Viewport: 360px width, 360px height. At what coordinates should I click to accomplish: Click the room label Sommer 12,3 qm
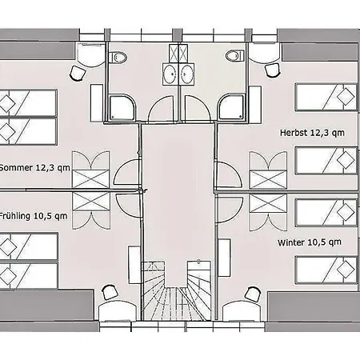pyautogui.click(x=34, y=168)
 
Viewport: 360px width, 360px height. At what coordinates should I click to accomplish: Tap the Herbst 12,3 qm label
pyautogui.click(x=312, y=133)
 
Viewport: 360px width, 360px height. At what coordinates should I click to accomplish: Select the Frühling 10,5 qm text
pyautogui.click(x=34, y=216)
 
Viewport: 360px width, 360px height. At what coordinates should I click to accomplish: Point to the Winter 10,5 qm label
pyautogui.click(x=310, y=242)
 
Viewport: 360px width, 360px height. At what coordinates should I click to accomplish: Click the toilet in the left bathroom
pyautogui.click(x=118, y=57)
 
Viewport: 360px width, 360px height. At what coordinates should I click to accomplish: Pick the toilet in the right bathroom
pyautogui.click(x=235, y=56)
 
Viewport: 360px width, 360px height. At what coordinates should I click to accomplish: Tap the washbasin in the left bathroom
pyautogui.click(x=170, y=74)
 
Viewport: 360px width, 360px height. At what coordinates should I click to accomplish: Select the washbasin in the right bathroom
pyautogui.click(x=186, y=74)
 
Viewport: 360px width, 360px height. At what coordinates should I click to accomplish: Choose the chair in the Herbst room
pyautogui.click(x=272, y=70)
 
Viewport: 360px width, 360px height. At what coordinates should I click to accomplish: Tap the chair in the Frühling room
pyautogui.click(x=110, y=292)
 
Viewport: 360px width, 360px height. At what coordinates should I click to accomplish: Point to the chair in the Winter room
pyautogui.click(x=252, y=294)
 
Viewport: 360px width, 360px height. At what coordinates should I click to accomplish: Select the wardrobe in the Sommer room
pyautogui.click(x=91, y=170)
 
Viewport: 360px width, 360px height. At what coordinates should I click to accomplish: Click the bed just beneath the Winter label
pyautogui.click(x=326, y=270)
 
